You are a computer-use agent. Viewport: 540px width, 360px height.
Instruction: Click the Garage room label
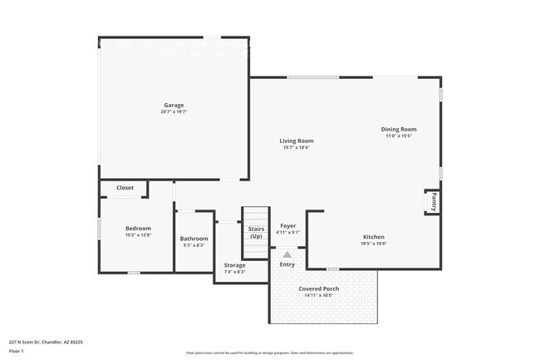[174, 106]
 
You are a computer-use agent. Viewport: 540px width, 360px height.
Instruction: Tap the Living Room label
[297, 141]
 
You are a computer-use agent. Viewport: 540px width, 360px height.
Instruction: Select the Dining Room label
[399, 129]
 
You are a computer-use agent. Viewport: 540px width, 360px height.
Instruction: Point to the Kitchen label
[373, 237]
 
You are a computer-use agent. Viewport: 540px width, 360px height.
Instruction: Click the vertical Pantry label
[433, 201]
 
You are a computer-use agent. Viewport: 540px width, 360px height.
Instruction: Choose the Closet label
[125, 188]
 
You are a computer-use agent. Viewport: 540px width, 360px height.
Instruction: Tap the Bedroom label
[138, 228]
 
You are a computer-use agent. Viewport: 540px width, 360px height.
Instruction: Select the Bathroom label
[194, 239]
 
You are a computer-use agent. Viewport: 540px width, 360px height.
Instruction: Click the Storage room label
[235, 265]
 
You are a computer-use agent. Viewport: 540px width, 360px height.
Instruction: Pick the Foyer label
[287, 225]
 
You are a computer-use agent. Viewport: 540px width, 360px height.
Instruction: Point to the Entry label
[287, 264]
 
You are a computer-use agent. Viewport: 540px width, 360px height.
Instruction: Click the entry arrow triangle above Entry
[287, 254]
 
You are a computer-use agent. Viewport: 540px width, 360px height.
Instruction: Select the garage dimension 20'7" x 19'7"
[174, 112]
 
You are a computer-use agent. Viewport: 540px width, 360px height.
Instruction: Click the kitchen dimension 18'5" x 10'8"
[373, 244]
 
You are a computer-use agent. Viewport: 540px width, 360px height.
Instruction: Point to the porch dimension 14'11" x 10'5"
[318, 295]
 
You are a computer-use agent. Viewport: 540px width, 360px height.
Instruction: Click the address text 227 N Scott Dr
[46, 342]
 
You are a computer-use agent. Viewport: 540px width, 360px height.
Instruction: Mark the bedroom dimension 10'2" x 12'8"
[138, 234]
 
